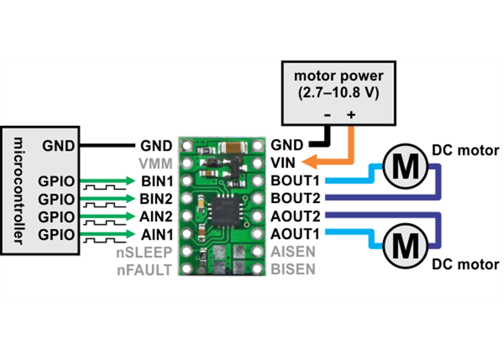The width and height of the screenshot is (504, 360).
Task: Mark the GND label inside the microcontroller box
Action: pyautogui.click(x=58, y=145)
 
